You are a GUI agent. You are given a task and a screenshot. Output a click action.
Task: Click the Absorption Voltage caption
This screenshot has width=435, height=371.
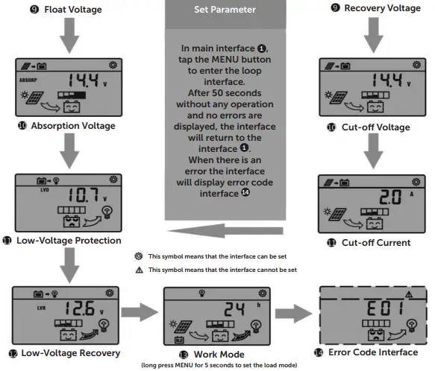click(x=72, y=126)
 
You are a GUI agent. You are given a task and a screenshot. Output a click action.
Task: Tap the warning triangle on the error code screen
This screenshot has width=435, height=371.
click(x=407, y=294)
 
